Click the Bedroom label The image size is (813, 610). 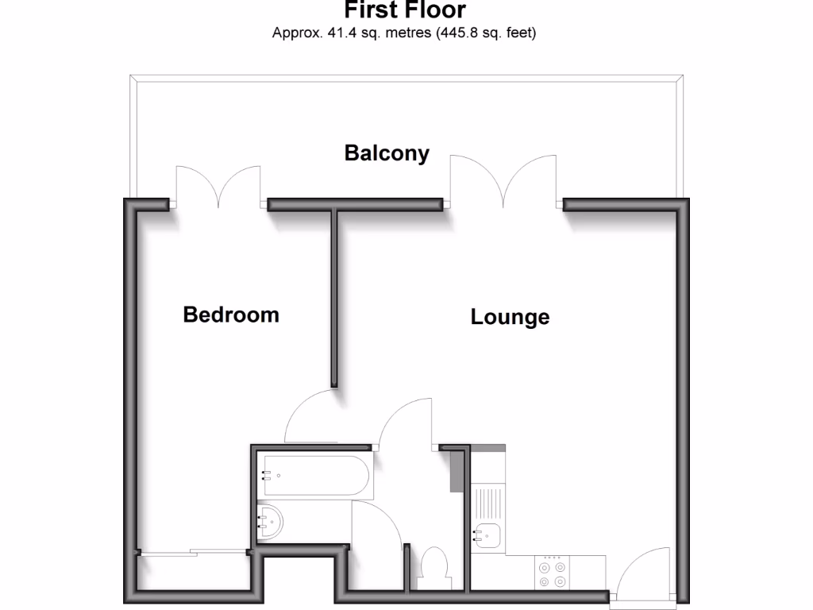coord(231,315)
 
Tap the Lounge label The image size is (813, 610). coord(510,317)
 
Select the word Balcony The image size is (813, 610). coord(387,152)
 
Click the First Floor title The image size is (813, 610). coord(405,11)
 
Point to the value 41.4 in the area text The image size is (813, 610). coord(335,33)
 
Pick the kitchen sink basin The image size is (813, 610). coord(487,538)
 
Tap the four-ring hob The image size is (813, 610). coord(552,573)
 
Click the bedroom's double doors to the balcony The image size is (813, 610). coord(218,187)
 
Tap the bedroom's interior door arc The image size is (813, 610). coord(308,417)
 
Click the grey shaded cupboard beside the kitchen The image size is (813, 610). coord(456,470)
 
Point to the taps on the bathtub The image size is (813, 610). coord(268,477)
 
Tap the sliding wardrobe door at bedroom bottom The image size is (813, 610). coord(191,552)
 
